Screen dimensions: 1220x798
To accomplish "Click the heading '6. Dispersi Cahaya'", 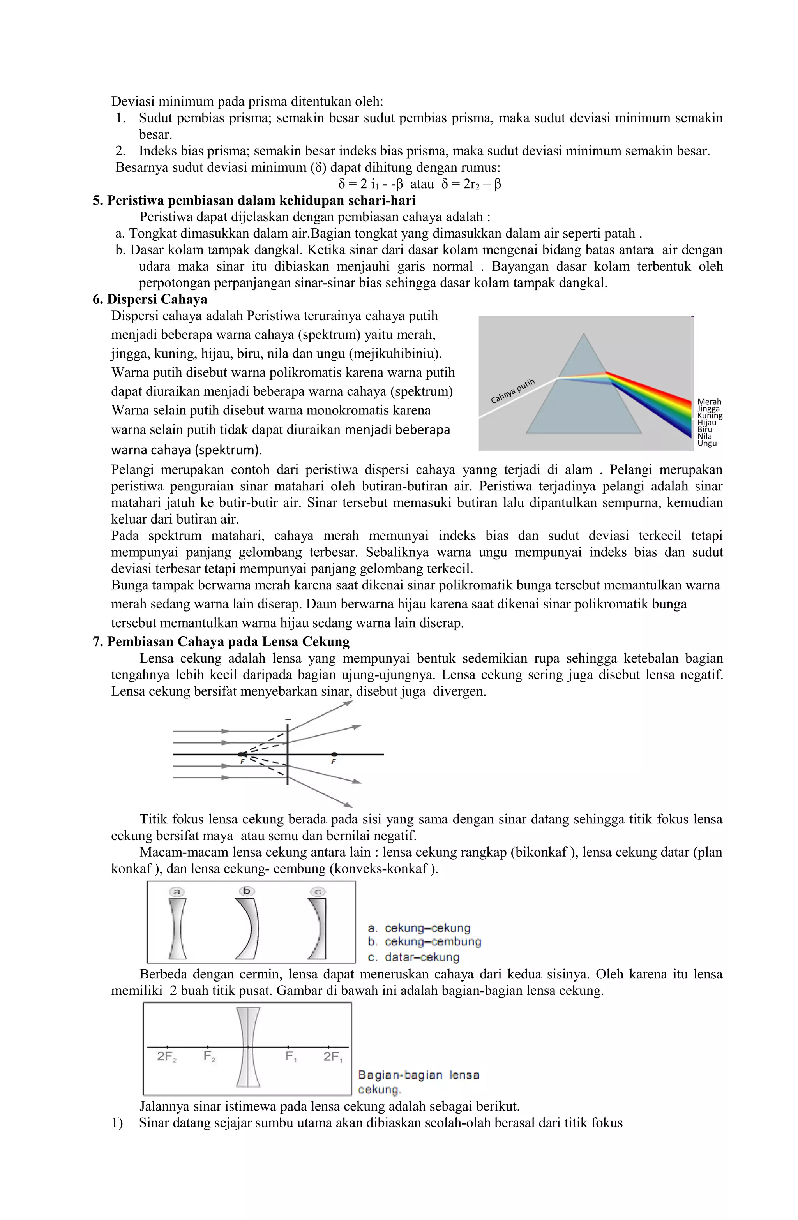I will (150, 300).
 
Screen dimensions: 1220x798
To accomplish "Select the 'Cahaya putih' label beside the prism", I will (512, 391).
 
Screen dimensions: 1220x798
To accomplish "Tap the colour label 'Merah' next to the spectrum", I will (709, 402).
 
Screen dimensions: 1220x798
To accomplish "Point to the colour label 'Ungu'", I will (707, 443).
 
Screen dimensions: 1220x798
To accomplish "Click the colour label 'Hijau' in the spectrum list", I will (707, 423).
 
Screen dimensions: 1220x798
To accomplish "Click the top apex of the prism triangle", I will (584, 334).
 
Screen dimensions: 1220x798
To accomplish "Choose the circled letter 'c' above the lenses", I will (318, 892).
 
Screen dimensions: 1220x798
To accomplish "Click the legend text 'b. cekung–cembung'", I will (425, 942).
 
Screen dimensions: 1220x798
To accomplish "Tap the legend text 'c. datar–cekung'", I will (414, 957).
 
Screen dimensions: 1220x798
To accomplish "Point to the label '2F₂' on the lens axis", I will (167, 1057).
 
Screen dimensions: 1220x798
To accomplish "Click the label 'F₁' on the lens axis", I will (291, 1057).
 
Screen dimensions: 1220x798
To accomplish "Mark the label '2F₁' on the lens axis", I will (333, 1057).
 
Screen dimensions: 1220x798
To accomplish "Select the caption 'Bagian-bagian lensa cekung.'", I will (418, 1082).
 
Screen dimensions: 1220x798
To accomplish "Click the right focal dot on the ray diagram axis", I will (334, 755).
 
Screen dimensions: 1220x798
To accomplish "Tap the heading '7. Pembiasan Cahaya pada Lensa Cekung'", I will (221, 642).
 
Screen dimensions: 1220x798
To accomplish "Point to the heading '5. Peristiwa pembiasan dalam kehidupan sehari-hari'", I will (254, 201).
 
